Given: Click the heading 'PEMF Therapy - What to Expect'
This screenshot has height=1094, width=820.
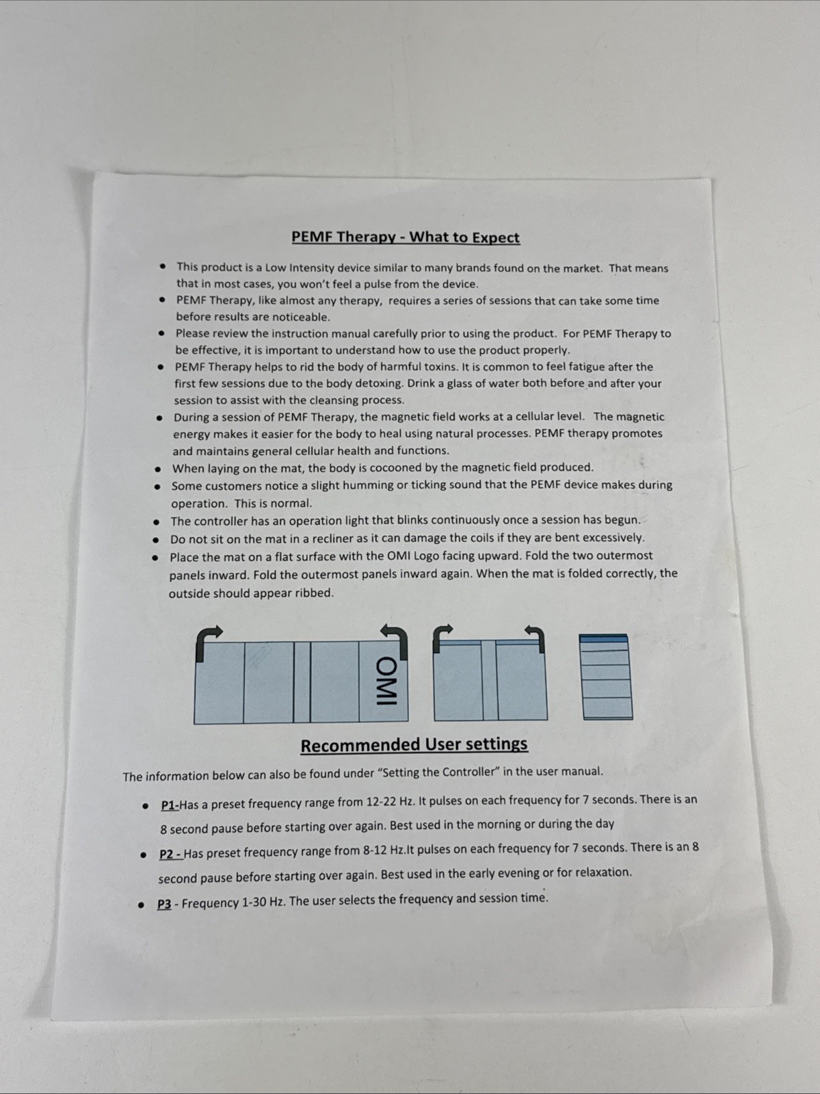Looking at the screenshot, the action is [406, 237].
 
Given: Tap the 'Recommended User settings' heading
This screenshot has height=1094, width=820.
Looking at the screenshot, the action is [414, 744].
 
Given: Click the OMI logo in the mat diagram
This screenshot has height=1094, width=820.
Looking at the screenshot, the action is [386, 681].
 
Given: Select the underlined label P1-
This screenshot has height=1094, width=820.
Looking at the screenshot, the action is [170, 805].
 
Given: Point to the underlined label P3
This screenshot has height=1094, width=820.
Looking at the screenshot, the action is [164, 904].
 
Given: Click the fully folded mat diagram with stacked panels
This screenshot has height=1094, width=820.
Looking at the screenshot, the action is [606, 677].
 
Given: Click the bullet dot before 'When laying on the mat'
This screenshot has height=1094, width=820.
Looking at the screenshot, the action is [158, 469].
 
